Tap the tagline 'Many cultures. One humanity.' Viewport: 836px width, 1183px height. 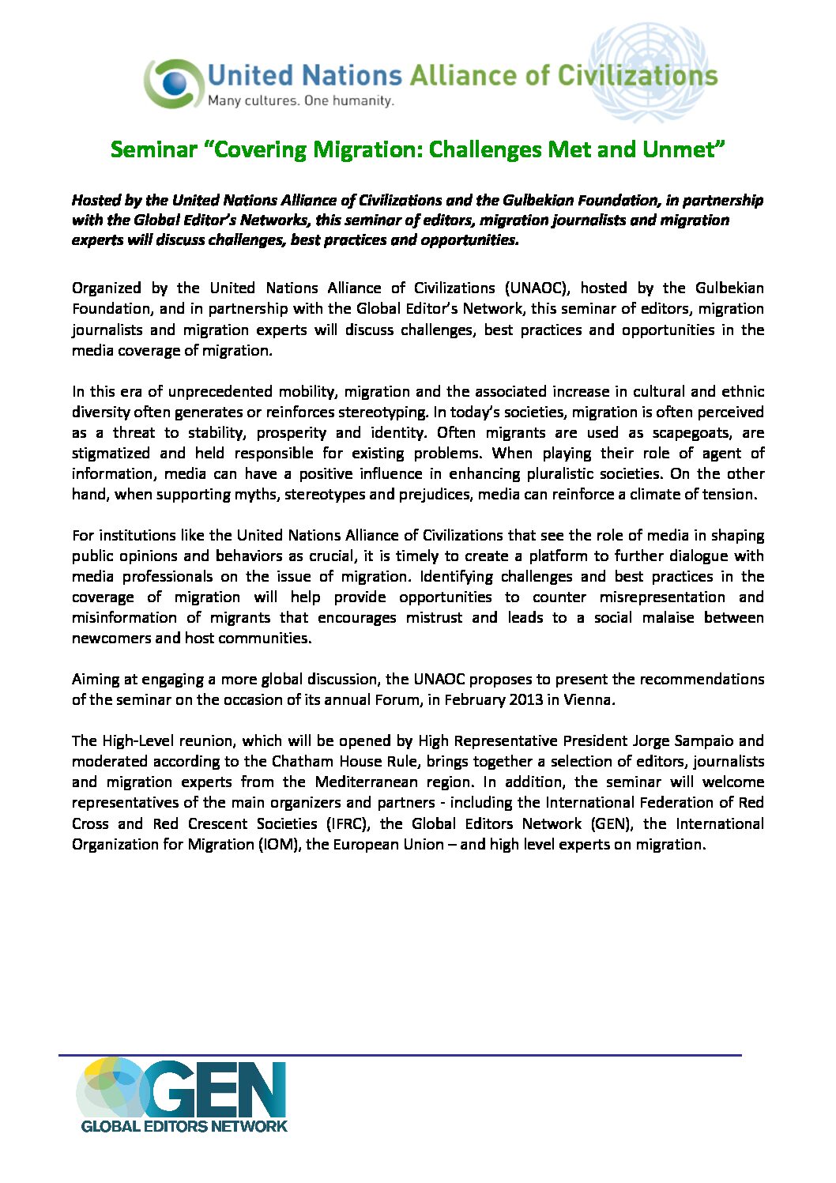click(x=300, y=101)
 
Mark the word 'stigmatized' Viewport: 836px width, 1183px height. click(x=111, y=454)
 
